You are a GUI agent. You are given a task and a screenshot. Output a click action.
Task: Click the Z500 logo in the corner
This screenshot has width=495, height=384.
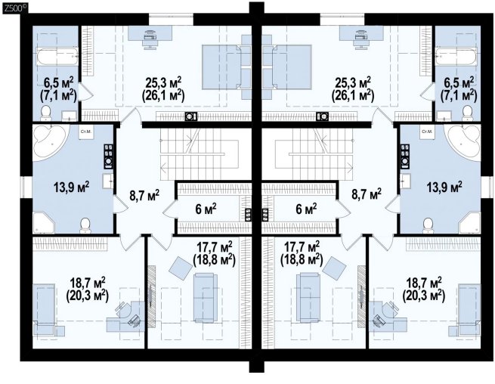[x=14, y=8]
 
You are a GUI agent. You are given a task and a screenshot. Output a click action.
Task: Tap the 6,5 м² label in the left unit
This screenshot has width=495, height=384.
[x=58, y=83]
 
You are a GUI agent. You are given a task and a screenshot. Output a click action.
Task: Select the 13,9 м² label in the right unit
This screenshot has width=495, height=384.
[x=444, y=187]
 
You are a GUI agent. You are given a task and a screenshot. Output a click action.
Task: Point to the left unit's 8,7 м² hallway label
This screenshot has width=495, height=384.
[x=144, y=195]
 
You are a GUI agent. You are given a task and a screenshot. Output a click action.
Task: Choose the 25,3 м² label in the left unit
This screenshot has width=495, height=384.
[x=163, y=82]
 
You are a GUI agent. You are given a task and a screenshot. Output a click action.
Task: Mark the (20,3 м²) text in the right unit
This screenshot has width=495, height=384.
[x=424, y=296]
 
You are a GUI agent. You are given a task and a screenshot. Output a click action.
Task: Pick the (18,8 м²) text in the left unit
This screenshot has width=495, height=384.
[x=214, y=259]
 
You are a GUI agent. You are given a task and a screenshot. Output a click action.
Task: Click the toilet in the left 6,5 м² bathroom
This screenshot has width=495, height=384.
[x=46, y=113]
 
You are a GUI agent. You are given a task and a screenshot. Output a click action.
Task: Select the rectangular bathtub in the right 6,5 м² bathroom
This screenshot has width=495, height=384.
[x=456, y=57]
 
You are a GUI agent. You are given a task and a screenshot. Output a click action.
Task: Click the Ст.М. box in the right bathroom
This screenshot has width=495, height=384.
[x=427, y=132]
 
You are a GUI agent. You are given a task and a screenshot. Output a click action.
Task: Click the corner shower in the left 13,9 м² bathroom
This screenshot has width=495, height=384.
[x=44, y=223]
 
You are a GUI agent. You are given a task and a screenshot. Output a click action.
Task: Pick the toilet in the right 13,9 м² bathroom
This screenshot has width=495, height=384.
[x=428, y=225]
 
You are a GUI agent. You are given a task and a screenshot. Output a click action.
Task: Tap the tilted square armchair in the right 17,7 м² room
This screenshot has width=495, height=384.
[x=335, y=268]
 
